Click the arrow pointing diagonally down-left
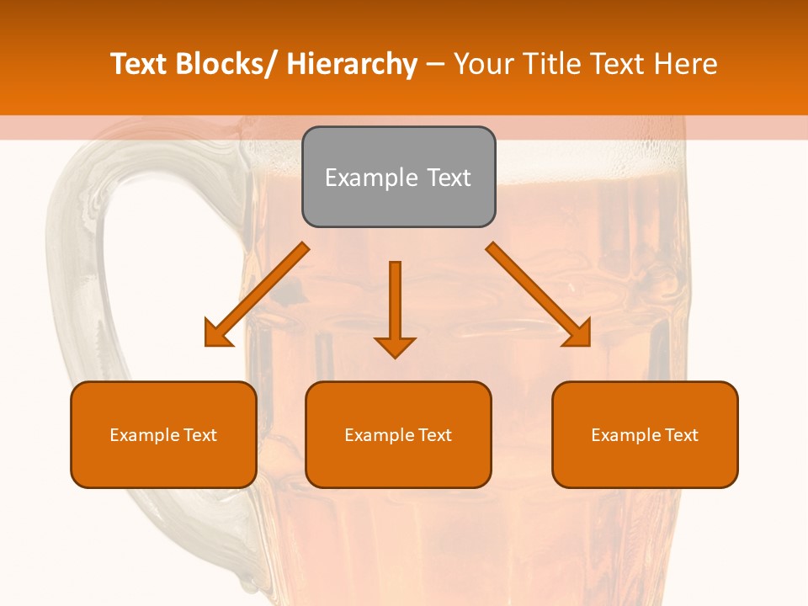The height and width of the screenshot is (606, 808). (x=257, y=295)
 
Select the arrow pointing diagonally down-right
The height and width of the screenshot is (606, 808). (x=539, y=295)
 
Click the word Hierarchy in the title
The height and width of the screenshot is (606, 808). (x=352, y=64)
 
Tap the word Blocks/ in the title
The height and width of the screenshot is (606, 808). (x=227, y=64)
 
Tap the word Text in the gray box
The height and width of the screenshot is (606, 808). (x=448, y=178)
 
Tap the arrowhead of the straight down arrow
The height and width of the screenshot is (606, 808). (x=395, y=346)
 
